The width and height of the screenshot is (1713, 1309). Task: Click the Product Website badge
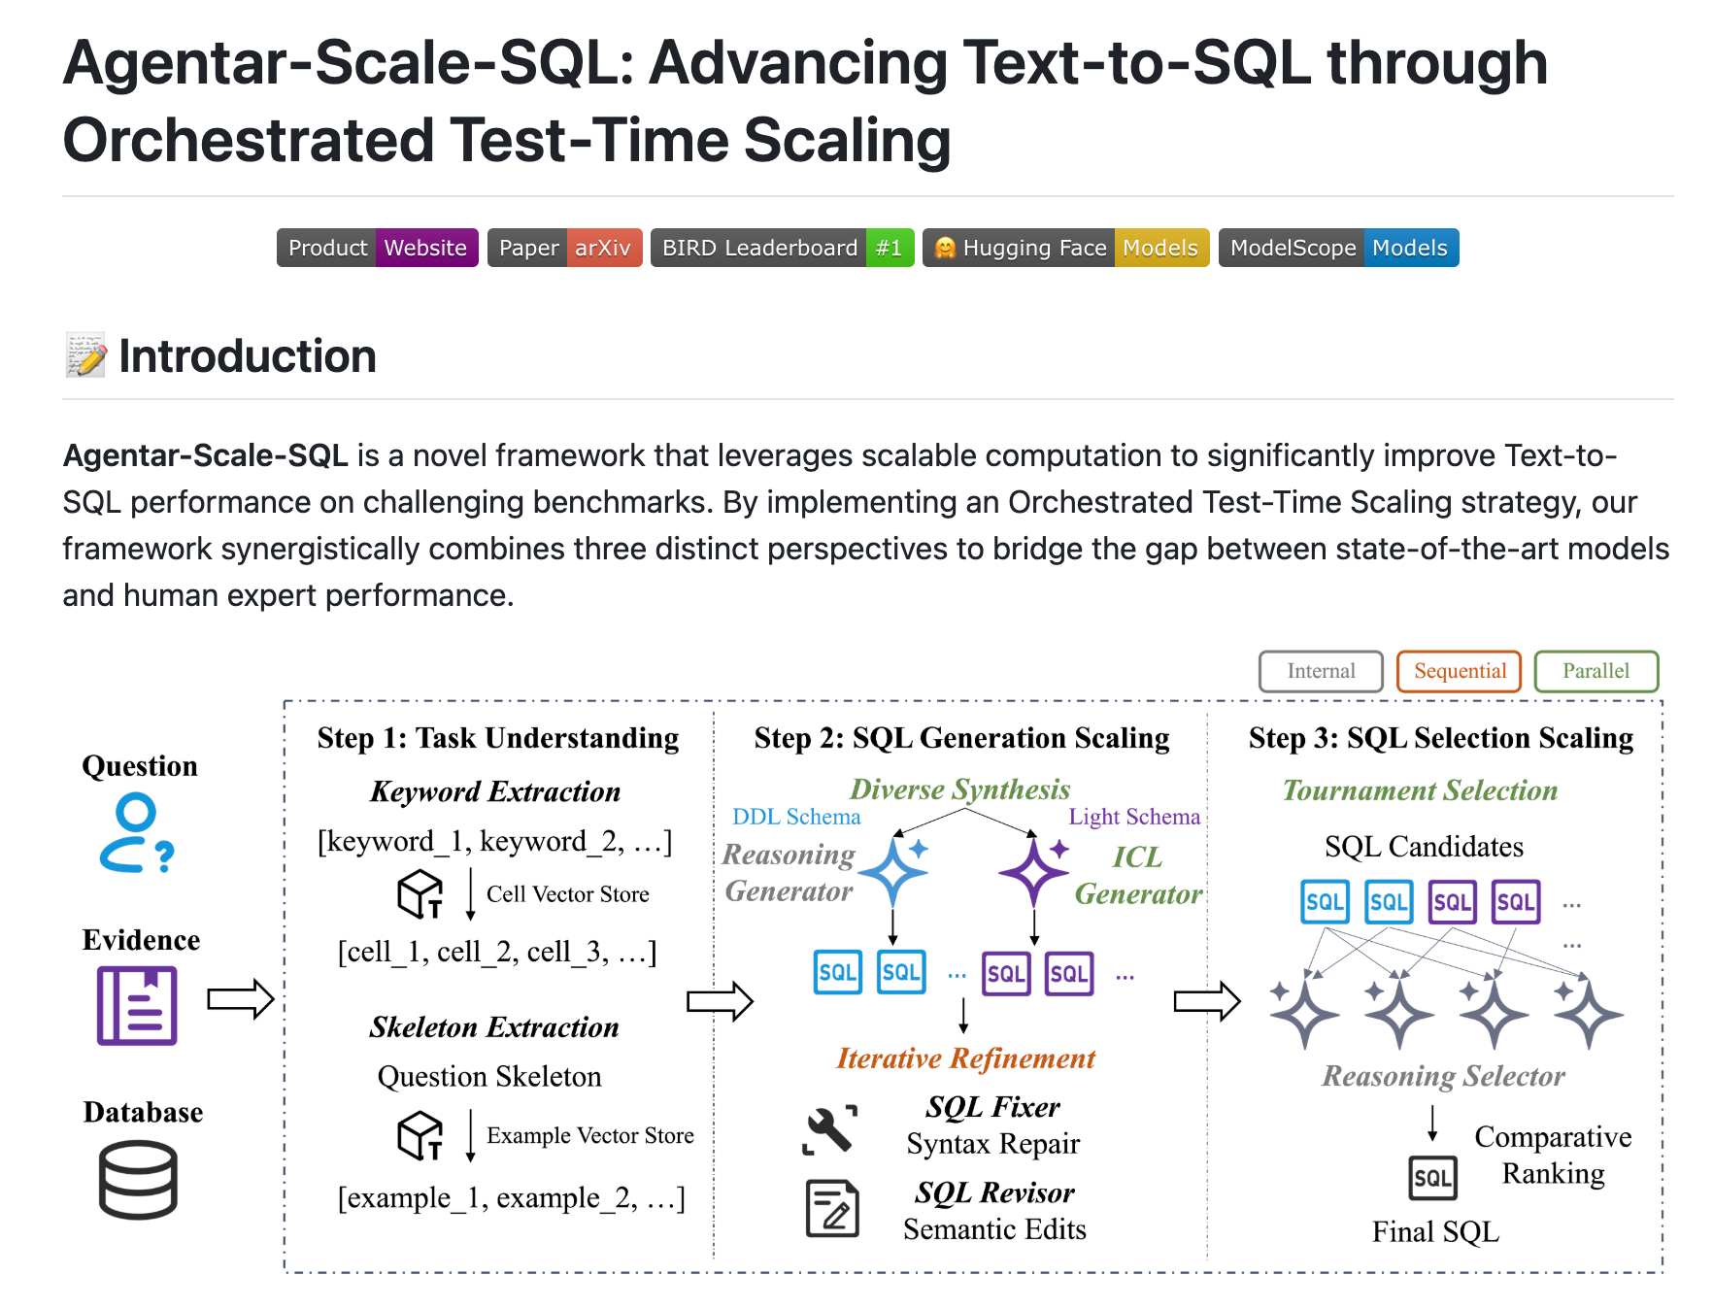pos(377,248)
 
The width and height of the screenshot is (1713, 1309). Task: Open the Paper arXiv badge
pos(564,248)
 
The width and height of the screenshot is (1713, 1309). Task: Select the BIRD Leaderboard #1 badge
pos(782,248)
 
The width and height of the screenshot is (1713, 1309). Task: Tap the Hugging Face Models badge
pos(1065,248)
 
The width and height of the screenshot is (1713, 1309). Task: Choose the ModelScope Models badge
pos(1338,248)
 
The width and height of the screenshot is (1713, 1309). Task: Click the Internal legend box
pos(1321,671)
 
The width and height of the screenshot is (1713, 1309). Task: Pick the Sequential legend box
pos(1459,671)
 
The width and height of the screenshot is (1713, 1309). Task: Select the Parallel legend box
pos(1595,671)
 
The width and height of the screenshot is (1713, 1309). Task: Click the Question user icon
pos(136,833)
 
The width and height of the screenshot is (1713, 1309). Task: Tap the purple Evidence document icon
pos(137,1005)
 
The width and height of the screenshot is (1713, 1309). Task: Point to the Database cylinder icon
pos(138,1179)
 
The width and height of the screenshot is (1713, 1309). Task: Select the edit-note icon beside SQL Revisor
pos(832,1208)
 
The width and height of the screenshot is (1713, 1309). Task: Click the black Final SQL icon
pos(1432,1178)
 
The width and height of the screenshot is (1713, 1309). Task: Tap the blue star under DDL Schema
pos(894,871)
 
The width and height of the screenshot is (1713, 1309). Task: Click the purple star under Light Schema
pos(1034,871)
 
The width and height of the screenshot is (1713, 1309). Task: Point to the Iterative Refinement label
pos(965,1058)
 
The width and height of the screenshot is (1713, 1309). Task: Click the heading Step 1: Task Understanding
pos(497,738)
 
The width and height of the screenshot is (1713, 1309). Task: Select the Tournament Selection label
pos(1420,790)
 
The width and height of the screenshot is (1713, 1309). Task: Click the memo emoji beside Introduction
pos(85,355)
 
